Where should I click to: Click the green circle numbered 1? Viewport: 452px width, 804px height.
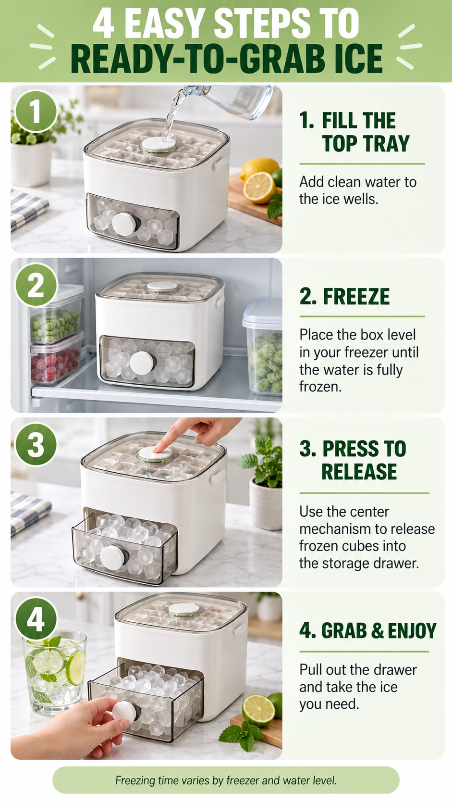(x=36, y=111)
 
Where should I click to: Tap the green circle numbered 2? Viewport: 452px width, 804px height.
(x=36, y=285)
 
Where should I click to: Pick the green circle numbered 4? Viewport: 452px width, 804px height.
(x=36, y=619)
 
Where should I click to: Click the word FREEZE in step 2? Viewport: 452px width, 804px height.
(x=356, y=297)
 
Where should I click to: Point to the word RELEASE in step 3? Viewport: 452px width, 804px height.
(x=359, y=471)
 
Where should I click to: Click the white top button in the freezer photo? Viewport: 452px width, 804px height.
(x=162, y=287)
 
